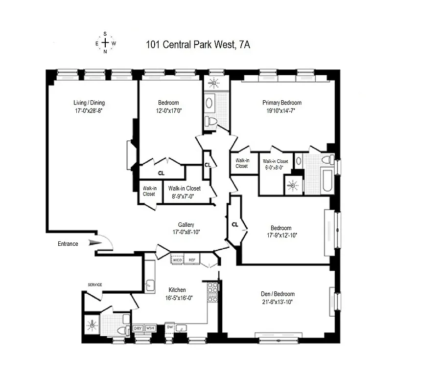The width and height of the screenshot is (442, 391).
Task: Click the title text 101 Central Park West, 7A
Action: click(x=198, y=45)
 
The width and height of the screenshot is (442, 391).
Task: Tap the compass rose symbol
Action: click(x=105, y=43)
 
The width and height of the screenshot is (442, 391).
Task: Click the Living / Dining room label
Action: click(x=89, y=103)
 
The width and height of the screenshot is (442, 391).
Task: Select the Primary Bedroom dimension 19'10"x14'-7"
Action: click(x=282, y=111)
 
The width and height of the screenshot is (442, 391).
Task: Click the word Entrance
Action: click(x=68, y=244)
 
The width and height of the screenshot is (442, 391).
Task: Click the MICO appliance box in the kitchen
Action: click(x=177, y=260)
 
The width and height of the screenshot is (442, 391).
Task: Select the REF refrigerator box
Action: click(x=191, y=260)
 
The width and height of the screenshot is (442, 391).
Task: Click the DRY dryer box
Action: click(x=138, y=328)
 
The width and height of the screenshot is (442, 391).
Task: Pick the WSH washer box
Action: click(x=150, y=328)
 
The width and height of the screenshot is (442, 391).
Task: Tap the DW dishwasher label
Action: click(x=169, y=327)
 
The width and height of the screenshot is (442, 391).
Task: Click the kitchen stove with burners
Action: click(x=212, y=292)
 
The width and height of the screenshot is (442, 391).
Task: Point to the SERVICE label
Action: click(x=94, y=284)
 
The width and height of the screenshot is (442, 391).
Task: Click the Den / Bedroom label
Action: click(x=278, y=294)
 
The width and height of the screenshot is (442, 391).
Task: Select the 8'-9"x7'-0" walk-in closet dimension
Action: click(x=184, y=196)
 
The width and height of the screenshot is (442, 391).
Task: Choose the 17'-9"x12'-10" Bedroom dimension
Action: click(x=281, y=236)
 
